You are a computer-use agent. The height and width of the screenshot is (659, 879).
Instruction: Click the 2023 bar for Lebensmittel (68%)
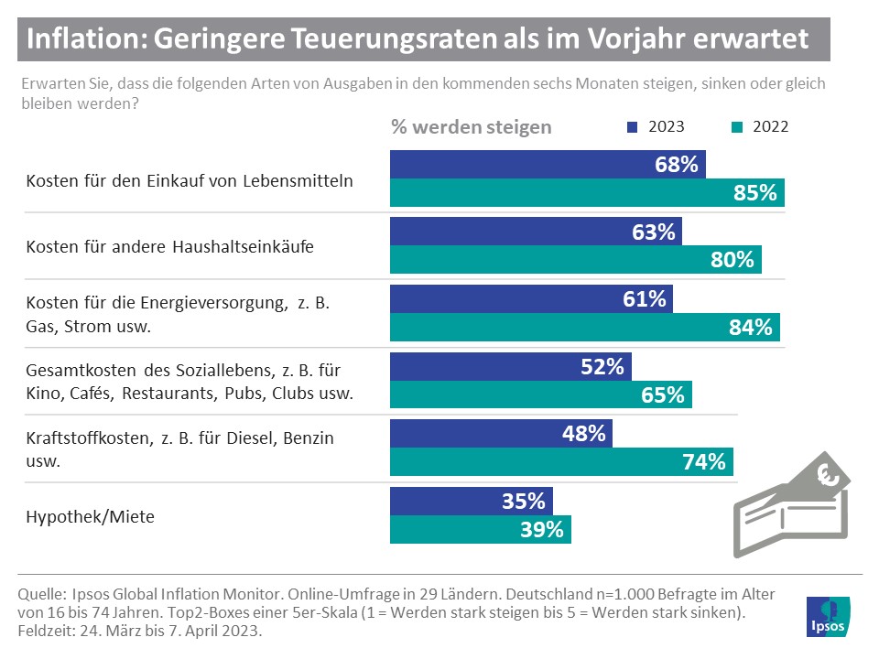tap(548, 165)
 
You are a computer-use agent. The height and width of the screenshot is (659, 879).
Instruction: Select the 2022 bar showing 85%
tap(587, 193)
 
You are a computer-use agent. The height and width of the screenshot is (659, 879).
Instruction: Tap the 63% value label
tap(653, 232)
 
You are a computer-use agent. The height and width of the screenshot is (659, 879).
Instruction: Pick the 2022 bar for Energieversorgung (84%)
tap(585, 327)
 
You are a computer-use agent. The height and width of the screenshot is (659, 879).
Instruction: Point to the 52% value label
tap(602, 367)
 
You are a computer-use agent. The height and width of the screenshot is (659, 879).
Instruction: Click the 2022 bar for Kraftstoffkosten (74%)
tap(561, 462)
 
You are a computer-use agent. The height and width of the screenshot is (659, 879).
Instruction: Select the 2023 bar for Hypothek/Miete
tap(472, 502)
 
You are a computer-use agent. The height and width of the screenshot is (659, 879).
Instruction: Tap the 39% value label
tap(541, 529)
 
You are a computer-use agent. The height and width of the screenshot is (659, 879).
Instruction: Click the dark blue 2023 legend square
tap(632, 127)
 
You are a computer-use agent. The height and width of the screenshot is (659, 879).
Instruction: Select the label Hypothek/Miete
tap(90, 516)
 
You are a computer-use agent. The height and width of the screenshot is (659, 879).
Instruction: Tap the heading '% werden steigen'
tap(471, 126)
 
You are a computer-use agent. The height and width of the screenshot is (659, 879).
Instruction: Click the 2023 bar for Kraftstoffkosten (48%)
tap(501, 434)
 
